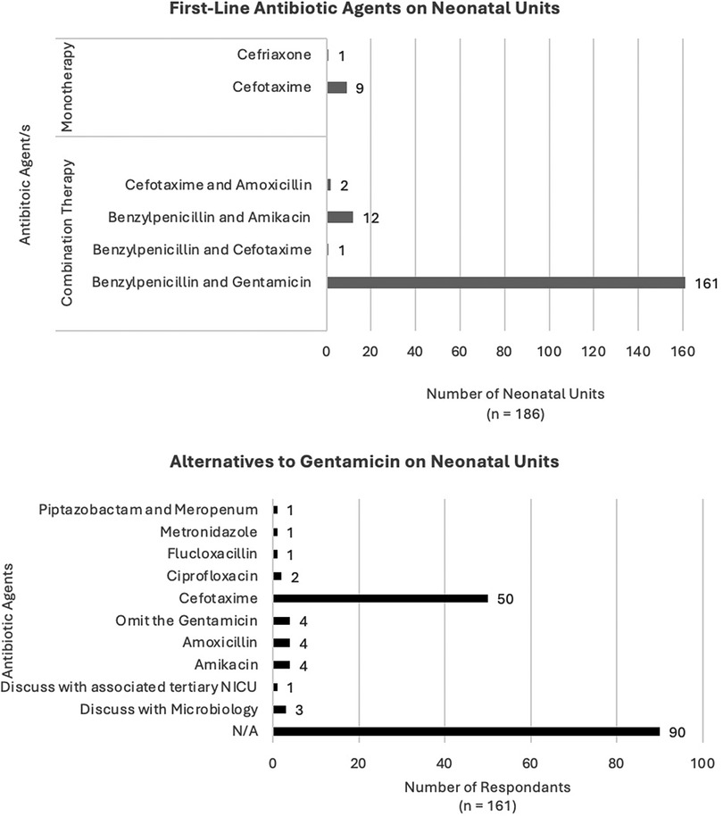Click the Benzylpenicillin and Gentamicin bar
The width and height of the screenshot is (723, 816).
[505, 283]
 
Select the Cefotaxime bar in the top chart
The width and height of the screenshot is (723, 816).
[337, 87]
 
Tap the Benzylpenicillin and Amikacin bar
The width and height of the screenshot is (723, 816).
[340, 217]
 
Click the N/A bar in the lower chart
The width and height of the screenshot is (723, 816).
[466, 731]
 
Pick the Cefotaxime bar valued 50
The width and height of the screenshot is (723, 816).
[380, 597]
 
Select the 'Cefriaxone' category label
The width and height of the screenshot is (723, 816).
[276, 55]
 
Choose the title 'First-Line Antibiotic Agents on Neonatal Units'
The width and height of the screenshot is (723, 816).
[361, 12]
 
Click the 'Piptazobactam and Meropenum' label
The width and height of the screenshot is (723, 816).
[149, 510]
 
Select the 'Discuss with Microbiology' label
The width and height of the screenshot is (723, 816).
[169, 709]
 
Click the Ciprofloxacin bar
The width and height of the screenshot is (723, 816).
[278, 576]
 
